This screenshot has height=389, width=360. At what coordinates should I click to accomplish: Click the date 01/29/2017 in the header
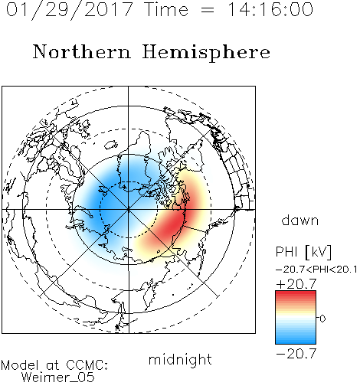70,10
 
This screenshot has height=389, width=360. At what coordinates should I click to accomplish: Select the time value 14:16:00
270,9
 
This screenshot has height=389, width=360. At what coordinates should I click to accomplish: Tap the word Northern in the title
82,51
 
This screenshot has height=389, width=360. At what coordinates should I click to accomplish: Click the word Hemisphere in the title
206,53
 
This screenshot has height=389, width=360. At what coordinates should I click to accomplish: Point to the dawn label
300,220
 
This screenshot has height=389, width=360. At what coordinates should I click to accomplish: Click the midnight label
180,360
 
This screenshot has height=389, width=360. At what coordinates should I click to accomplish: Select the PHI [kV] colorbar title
303,252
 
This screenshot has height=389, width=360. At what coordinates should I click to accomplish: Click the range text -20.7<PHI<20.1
316,270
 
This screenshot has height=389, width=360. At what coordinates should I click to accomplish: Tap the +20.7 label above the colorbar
296,284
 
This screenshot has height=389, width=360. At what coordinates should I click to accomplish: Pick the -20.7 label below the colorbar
296,354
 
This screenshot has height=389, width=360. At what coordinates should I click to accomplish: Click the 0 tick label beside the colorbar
322,319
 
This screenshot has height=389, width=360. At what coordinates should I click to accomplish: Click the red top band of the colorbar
296,295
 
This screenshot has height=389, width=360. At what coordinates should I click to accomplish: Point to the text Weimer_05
58,377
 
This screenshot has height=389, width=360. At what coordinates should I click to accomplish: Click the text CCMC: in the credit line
87,365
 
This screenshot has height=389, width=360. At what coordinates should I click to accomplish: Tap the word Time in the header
166,9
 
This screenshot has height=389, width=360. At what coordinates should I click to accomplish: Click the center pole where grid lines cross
129,209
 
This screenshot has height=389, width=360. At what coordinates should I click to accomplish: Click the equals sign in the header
208,10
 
